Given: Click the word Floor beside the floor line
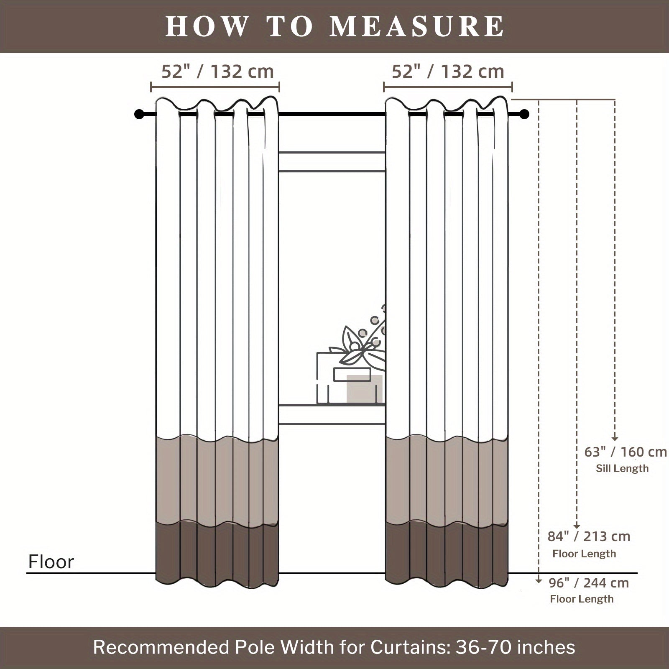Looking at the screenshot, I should (x=51, y=562).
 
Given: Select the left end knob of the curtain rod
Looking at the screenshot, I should (x=139, y=114).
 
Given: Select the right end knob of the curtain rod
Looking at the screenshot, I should (x=525, y=114).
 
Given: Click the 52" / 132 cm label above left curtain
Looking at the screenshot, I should (x=217, y=72).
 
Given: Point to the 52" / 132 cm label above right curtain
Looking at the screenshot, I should (x=448, y=72).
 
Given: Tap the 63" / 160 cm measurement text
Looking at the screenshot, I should (x=626, y=452).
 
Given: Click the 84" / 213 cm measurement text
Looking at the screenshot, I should (x=589, y=536).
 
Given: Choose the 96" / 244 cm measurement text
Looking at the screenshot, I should (x=589, y=583).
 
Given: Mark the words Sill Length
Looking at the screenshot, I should (x=622, y=468).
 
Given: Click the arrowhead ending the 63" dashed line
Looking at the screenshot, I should (x=615, y=438).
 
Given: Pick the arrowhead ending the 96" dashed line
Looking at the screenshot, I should (x=539, y=581).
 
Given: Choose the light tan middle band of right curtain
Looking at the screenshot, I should (x=447, y=479).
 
